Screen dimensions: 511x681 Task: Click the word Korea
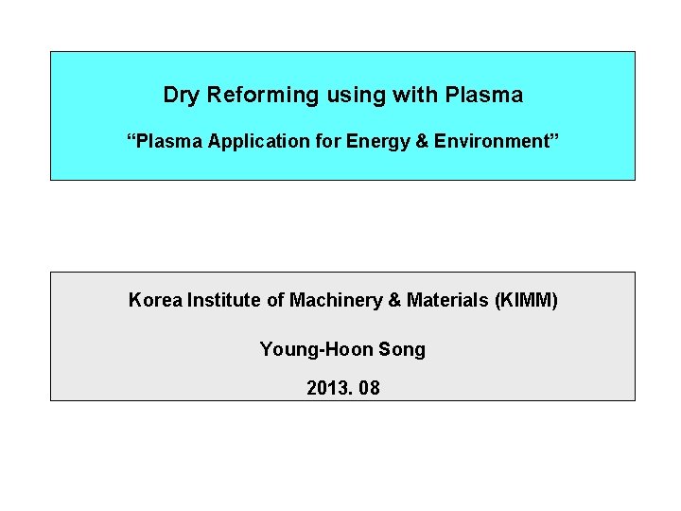[x=154, y=301]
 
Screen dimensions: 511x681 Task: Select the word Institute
[x=223, y=301]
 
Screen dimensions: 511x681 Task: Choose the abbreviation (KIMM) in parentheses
[x=527, y=301]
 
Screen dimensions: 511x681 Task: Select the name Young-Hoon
[x=316, y=350]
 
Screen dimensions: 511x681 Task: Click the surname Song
[x=402, y=350]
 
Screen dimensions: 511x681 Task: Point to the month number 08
[x=369, y=388]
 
